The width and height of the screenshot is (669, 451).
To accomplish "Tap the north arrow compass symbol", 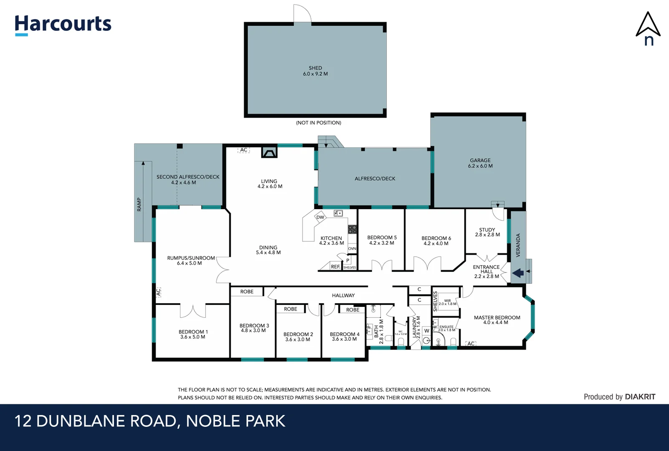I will click(x=648, y=28).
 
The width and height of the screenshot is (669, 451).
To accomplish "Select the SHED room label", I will click(x=315, y=71).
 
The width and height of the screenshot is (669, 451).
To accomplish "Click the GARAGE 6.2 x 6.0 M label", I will click(x=480, y=163).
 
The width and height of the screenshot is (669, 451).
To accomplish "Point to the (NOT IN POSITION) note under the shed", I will click(x=318, y=123).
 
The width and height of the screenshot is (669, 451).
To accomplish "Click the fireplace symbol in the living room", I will click(x=269, y=152).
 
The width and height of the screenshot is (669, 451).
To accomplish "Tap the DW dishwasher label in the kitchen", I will click(x=320, y=217).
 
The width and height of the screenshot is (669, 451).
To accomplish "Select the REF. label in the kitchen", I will click(x=335, y=266).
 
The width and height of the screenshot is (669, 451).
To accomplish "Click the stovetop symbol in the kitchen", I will click(x=352, y=229).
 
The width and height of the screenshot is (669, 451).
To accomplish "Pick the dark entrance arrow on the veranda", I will click(x=518, y=273).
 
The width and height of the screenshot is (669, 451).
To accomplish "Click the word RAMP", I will click(x=139, y=205).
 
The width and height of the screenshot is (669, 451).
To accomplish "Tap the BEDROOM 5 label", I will click(x=382, y=240).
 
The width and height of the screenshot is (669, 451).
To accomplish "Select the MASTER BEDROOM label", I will click(x=497, y=320).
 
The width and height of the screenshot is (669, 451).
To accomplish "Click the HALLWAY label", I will click(x=343, y=295).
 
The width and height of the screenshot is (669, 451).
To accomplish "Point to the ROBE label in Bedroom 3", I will click(x=247, y=291).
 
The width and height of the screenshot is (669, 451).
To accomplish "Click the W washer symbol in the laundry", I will click(x=427, y=331).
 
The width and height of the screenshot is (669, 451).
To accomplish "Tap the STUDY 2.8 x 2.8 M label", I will click(x=487, y=232).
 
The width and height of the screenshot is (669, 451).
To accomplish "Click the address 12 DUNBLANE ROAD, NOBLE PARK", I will click(x=150, y=421).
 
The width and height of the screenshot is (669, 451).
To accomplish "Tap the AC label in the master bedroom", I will click(x=471, y=344).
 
